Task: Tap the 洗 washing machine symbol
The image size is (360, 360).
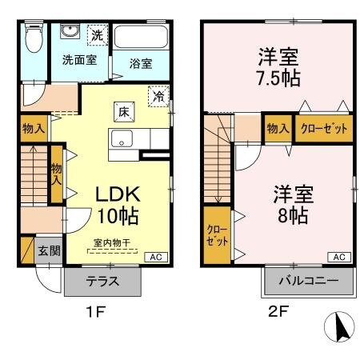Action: click(96, 34)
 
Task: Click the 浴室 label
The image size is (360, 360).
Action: click(141, 63)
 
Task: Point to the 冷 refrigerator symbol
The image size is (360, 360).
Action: click(159, 95)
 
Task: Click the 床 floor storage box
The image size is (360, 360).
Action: click(124, 111)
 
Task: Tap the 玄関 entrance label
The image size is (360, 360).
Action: click(48, 250)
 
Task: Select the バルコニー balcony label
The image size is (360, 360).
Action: click(308, 282)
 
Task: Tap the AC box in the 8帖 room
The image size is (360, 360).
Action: click(338, 257)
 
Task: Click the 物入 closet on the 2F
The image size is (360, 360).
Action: click(278, 128)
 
